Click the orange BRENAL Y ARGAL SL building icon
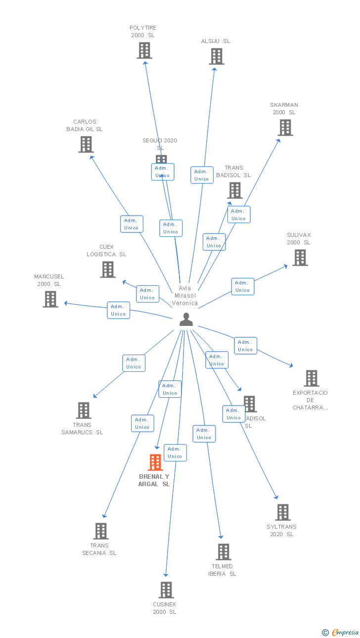[x=155, y=462]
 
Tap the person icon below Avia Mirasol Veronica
[x=186, y=320]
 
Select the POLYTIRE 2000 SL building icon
[x=144, y=50]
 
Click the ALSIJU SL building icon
[x=216, y=56]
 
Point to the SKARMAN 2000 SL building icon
[x=285, y=128]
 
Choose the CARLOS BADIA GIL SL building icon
[x=86, y=144]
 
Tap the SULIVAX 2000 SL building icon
[x=300, y=258]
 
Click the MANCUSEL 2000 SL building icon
[x=50, y=299]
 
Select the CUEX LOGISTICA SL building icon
[x=108, y=270]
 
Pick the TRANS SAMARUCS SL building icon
[x=84, y=410]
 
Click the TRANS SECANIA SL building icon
[x=101, y=531]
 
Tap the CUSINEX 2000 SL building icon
[x=166, y=590]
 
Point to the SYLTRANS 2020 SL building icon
[x=283, y=512]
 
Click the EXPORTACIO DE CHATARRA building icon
[x=311, y=378]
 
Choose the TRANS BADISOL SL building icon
[x=234, y=190]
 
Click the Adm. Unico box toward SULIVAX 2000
[x=243, y=286]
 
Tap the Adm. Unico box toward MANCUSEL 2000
[x=118, y=310]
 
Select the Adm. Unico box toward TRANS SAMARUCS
[x=134, y=363]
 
